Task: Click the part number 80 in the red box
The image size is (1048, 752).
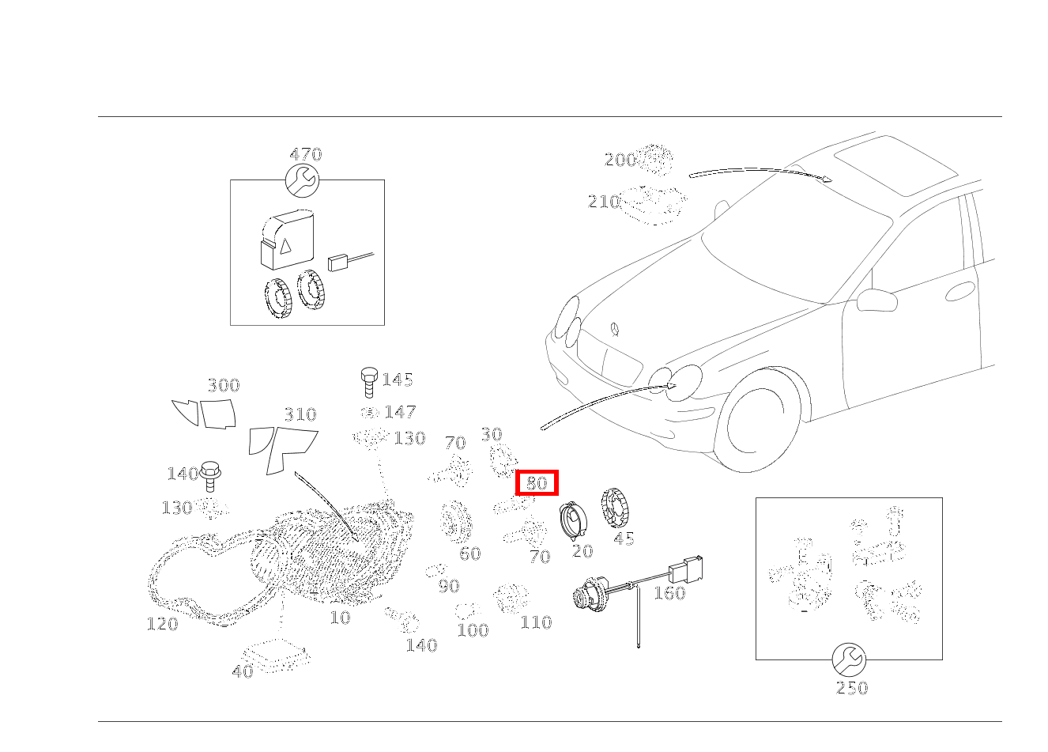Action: (x=537, y=483)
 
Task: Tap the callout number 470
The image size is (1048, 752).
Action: (x=306, y=154)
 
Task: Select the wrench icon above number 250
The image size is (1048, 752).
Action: (x=849, y=659)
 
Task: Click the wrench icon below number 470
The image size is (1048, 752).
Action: (x=302, y=180)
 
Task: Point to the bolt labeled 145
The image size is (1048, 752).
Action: (x=369, y=382)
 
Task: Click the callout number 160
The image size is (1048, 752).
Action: (x=669, y=593)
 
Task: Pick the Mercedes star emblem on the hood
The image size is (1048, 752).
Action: (x=615, y=329)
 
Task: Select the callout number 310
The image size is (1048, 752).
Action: (x=300, y=414)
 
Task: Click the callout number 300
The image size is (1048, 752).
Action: (x=224, y=385)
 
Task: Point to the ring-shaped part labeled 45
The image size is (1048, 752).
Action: (x=615, y=508)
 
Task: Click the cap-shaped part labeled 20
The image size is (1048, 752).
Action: (x=573, y=521)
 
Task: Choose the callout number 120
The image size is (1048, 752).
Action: (x=162, y=624)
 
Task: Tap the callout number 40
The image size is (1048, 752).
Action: (x=243, y=671)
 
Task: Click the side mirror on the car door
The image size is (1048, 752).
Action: (x=876, y=300)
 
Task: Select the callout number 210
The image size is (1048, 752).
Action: (x=604, y=202)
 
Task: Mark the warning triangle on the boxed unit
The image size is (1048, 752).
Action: (x=285, y=245)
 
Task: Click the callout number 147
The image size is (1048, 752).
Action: (x=400, y=412)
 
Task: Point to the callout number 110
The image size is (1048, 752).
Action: (x=536, y=622)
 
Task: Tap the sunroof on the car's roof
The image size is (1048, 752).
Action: (x=896, y=165)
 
